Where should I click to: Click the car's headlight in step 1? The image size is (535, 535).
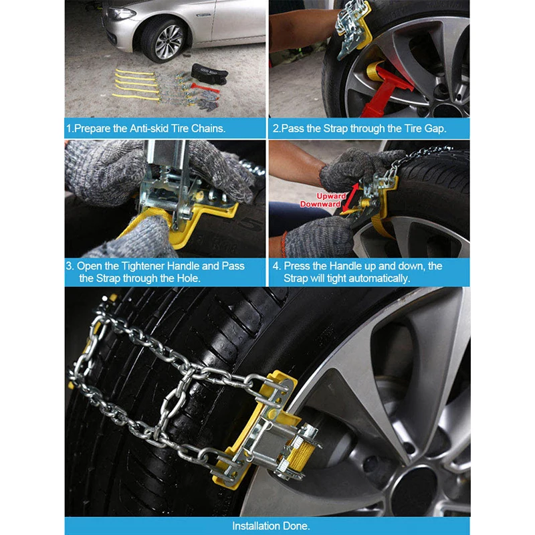pyautogui.click(x=121, y=14)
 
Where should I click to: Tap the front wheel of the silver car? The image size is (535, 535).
pyautogui.click(x=165, y=40)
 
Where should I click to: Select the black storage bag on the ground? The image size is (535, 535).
pyautogui.click(x=209, y=73)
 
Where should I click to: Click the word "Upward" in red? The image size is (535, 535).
pyautogui.click(x=331, y=196)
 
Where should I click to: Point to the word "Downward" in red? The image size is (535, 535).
pyautogui.click(x=320, y=204)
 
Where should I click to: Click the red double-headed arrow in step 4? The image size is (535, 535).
pyautogui.click(x=350, y=197)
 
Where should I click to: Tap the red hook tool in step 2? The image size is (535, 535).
pyautogui.click(x=386, y=90)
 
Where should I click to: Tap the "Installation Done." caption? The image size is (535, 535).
pyautogui.click(x=271, y=526)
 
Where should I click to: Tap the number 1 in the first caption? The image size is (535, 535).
pyautogui.click(x=69, y=128)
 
